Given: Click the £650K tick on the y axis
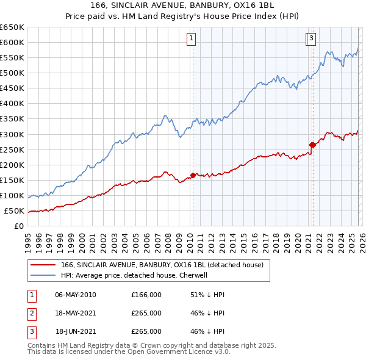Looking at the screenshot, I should [12, 27].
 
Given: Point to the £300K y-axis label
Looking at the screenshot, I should [12, 134].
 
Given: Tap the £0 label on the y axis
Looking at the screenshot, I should [18, 226].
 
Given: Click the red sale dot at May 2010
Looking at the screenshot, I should [193, 175].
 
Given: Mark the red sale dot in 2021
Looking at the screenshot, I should [312, 145].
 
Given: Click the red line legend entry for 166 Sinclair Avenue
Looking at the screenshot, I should [162, 265].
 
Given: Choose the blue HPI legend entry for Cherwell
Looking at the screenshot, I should [134, 275].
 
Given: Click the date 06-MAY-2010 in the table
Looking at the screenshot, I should [76, 295].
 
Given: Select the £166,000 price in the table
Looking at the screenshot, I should [146, 295].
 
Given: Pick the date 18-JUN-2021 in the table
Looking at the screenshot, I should [76, 331].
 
